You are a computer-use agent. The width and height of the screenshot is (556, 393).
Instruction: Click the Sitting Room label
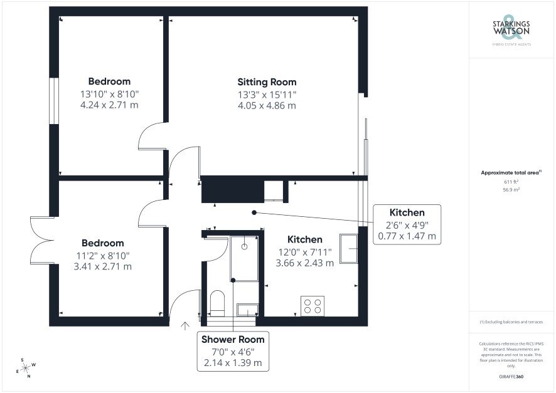[x=267, y=82]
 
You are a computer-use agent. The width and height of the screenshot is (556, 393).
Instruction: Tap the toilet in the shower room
[x=217, y=303]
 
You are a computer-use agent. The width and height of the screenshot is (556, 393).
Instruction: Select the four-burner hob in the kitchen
[x=313, y=306]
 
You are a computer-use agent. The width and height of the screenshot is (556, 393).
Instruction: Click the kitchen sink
[x=348, y=249]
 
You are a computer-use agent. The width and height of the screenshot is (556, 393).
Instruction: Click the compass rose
[x=26, y=369]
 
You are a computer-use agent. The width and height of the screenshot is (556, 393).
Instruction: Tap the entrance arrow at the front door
[x=184, y=326]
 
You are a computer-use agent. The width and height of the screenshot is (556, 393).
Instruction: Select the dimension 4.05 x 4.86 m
[x=267, y=105]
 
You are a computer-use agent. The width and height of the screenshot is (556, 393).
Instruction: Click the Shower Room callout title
[x=233, y=340]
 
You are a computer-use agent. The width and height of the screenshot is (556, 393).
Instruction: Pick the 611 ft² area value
[x=511, y=182]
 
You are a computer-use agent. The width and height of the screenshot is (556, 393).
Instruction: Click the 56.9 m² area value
[x=511, y=190]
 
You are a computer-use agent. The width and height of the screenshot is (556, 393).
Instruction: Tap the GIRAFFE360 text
[x=511, y=376]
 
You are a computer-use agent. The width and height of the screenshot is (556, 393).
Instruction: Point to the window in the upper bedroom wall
[x=54, y=101]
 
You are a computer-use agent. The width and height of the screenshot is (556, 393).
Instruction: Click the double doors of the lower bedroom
[x=42, y=240]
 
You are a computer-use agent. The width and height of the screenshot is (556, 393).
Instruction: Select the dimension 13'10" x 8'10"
[x=110, y=94]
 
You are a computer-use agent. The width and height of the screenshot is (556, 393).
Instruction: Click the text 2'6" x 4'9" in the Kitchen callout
[x=407, y=225]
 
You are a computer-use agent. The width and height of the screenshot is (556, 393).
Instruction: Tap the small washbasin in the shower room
[x=247, y=310]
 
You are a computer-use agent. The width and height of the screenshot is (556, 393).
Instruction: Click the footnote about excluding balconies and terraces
[x=511, y=322]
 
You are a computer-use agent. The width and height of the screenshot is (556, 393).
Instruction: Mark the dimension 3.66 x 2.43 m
[x=305, y=263]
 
